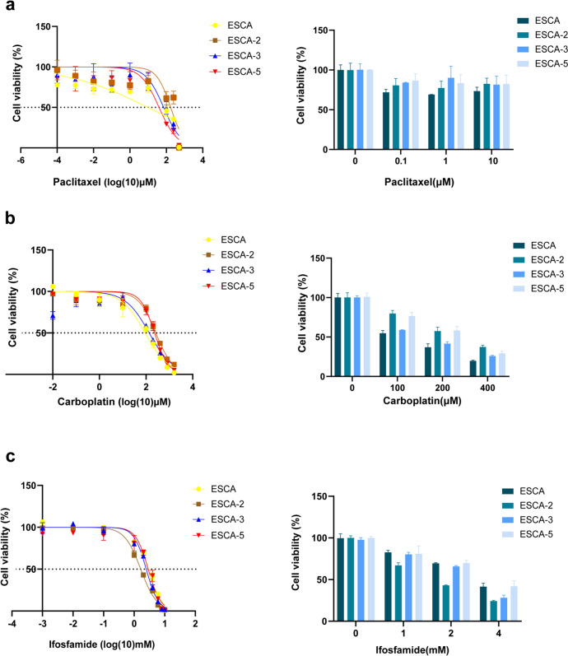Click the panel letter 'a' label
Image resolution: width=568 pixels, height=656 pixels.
8,5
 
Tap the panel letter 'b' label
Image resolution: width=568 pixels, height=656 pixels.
10,218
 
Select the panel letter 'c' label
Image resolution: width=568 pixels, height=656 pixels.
10,457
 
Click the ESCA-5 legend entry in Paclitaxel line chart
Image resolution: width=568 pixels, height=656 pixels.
235,72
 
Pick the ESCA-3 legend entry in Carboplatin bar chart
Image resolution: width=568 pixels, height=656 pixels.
538,274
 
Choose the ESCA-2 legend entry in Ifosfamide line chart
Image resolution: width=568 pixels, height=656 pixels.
218,504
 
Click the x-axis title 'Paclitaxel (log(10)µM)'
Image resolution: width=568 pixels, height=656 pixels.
105,182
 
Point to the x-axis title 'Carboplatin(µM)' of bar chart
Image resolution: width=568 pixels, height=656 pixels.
422,401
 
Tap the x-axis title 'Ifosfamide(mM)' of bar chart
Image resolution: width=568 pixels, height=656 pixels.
412,649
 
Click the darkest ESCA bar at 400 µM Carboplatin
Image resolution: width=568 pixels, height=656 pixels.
473,368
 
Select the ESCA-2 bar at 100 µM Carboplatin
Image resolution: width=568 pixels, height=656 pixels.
392,345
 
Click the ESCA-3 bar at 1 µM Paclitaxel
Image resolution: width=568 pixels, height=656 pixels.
451,114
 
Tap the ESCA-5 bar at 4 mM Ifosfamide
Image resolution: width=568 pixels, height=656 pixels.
514,603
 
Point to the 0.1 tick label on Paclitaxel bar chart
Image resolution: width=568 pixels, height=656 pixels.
401,161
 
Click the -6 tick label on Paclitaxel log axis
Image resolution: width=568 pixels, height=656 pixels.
21,160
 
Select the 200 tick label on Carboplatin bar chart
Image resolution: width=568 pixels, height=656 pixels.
442,388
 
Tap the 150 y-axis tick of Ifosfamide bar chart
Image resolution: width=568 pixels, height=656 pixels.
319,496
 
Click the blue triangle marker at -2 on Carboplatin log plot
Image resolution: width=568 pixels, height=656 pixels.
53,316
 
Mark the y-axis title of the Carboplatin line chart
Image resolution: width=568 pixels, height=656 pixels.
12,308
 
